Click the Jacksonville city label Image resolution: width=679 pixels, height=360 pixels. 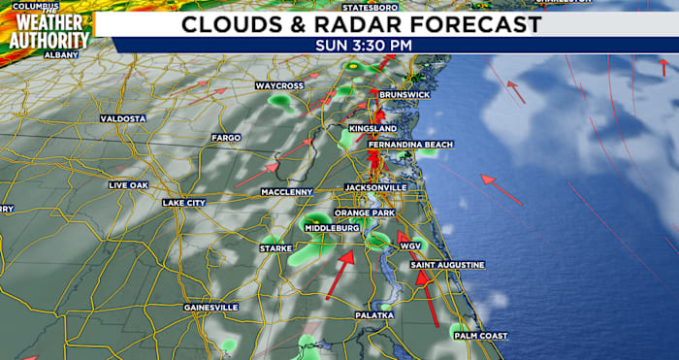pos(374,186)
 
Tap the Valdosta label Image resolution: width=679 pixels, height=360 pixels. pos(122,118)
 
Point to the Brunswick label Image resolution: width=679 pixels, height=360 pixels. pos(404,94)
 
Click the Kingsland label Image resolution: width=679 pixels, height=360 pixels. pos(372,128)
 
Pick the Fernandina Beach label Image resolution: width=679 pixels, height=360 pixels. pos(410,145)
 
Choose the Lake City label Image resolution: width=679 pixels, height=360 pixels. pos(183,203)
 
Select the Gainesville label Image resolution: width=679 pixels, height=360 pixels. pos(210,308)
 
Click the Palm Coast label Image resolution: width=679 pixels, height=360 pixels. pos(480,336)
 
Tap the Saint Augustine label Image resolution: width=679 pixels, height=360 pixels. pos(447,265)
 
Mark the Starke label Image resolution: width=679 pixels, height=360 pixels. pos(275,249)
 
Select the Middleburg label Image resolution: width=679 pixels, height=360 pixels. pos(333,228)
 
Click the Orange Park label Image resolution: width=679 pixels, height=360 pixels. pos(364,213)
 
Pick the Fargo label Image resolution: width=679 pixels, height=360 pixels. pos(226,138)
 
